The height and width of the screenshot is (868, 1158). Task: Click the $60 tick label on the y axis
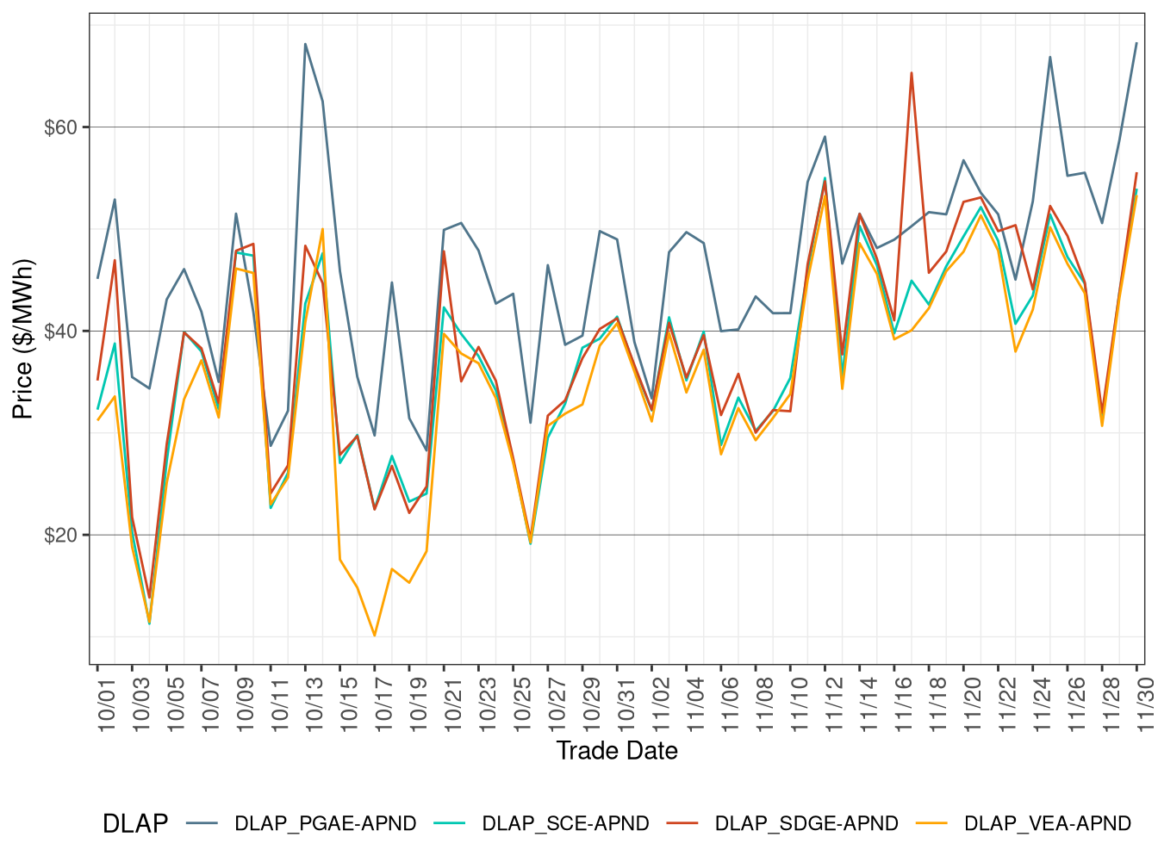click(x=60, y=127)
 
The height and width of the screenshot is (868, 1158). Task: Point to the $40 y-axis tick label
click(x=60, y=332)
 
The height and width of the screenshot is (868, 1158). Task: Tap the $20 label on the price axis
click(x=60, y=536)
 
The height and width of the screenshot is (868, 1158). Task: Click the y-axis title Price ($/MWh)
click(x=22, y=339)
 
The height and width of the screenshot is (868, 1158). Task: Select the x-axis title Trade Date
click(x=617, y=751)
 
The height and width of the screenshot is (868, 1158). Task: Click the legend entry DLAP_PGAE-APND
click(x=325, y=824)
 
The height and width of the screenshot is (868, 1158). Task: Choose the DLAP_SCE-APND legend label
click(x=565, y=824)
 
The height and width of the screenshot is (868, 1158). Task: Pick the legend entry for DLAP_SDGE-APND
click(x=806, y=824)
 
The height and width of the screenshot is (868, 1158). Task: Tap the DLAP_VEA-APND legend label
click(x=1047, y=824)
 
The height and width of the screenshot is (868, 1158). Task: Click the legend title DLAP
click(x=135, y=824)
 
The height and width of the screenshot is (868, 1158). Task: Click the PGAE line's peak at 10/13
click(x=305, y=44)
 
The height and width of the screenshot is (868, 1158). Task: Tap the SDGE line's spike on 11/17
click(x=912, y=73)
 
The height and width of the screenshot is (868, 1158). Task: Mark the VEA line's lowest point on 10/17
click(x=375, y=635)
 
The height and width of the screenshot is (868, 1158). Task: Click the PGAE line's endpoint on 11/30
click(x=1136, y=43)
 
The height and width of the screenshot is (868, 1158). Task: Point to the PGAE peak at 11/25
click(x=1049, y=57)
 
